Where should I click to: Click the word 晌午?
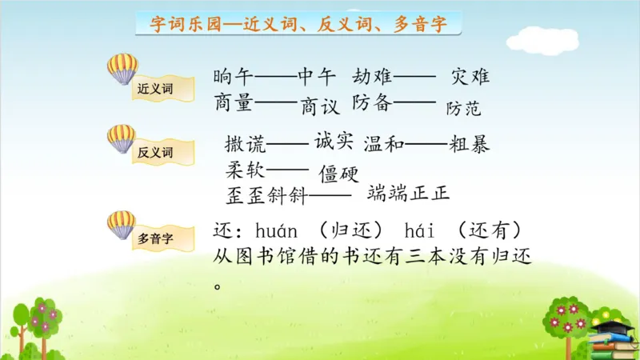(x=234, y=78)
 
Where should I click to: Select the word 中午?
(x=317, y=78)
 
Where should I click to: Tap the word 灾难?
(x=470, y=78)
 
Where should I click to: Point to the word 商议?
(x=320, y=106)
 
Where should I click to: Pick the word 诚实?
(x=334, y=141)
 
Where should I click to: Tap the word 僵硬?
(x=338, y=173)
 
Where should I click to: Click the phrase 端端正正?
(x=409, y=193)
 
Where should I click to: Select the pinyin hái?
(x=420, y=232)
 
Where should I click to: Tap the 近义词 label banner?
(x=156, y=88)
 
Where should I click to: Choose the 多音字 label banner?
(x=156, y=238)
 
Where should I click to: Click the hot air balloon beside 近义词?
(x=122, y=69)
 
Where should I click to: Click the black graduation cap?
(x=614, y=327)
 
